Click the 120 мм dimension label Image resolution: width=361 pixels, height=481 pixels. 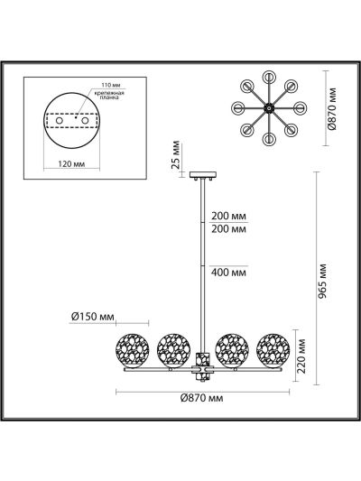[x=71, y=164]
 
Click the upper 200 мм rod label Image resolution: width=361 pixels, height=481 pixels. [x=228, y=216]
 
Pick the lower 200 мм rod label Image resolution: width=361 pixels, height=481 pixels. [x=228, y=229]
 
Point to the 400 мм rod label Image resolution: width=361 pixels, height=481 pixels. [x=228, y=273]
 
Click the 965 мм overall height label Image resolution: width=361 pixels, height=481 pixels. [x=321, y=281]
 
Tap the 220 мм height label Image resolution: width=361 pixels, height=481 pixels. [x=301, y=356]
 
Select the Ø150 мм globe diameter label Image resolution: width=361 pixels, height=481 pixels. [x=93, y=317]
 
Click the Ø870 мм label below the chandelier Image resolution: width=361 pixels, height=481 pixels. [x=201, y=398]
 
